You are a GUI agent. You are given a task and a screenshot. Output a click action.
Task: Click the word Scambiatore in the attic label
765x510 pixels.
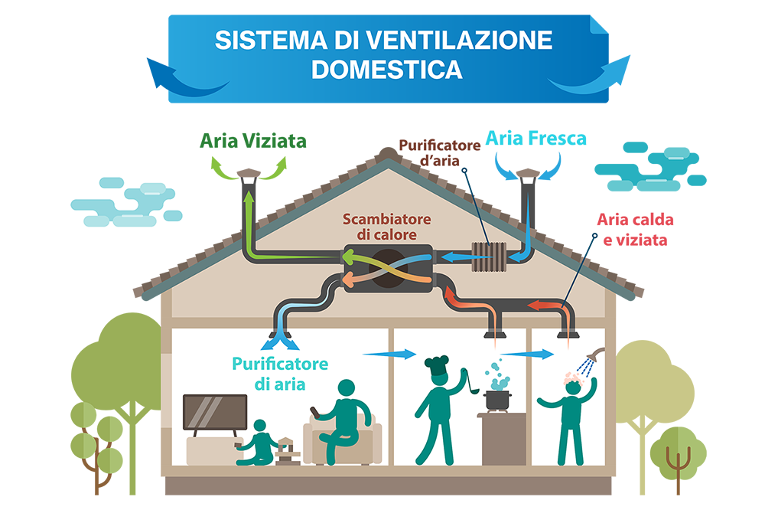pyautogui.click(x=387, y=220)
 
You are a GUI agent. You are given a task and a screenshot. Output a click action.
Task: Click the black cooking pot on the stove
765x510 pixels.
pyautogui.click(x=497, y=400)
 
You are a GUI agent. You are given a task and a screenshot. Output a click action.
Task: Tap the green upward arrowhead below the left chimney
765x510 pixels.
pyautogui.click(x=248, y=198)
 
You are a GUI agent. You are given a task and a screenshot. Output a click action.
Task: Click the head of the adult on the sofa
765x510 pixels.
pyautogui.click(x=347, y=388)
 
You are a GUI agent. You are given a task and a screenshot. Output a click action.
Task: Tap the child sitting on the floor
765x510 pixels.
pyautogui.click(x=261, y=443)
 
